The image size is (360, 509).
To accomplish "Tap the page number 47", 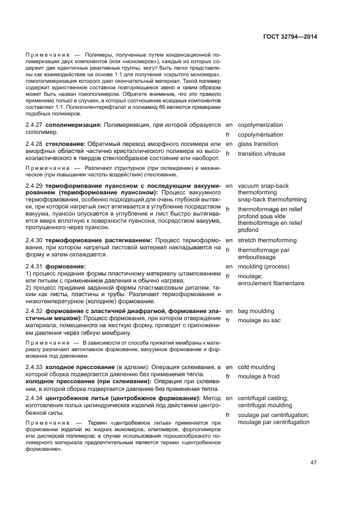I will (313, 463).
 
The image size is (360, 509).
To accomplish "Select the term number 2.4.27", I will (35, 125).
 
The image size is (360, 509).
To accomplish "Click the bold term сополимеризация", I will (74, 125).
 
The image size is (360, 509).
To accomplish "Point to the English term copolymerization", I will (260, 125).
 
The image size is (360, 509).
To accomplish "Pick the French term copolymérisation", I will (260, 134).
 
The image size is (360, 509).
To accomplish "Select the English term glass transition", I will (258, 144).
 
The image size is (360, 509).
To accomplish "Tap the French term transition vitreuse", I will (261, 154).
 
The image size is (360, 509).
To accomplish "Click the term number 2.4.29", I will (35, 186).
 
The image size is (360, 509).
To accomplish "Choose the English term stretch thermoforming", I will (267, 240).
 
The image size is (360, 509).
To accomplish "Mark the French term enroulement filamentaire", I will (271, 283).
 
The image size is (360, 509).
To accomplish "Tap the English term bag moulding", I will (256, 311).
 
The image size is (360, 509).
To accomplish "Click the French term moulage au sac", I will (259, 320).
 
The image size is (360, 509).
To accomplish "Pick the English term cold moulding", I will (257, 367).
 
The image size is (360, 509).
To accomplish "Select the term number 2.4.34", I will (35, 398).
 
